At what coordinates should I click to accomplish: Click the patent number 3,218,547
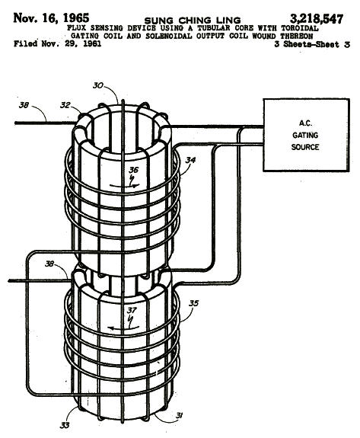tap(317, 19)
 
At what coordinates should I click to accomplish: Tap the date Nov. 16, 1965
tap(51, 18)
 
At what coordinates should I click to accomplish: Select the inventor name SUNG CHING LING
tap(193, 21)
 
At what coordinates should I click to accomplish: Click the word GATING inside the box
tap(305, 135)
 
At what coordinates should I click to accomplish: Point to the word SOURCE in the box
tap(305, 147)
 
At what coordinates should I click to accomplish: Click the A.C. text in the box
tap(306, 123)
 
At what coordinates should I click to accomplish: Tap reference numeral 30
tap(98, 85)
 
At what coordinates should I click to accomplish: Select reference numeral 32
tap(65, 105)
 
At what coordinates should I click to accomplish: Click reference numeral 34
tap(190, 160)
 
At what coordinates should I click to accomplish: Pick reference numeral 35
tap(193, 303)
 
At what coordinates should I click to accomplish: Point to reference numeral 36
tap(133, 170)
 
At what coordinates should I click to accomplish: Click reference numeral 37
tap(132, 310)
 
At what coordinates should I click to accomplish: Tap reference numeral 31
tap(179, 416)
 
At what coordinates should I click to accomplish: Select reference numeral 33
tap(65, 425)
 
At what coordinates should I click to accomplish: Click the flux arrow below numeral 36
tap(124, 185)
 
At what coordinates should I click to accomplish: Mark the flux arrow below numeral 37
tap(123, 328)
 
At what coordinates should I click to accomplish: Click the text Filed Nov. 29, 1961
tap(57, 44)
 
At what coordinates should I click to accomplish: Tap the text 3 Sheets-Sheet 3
tap(312, 44)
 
